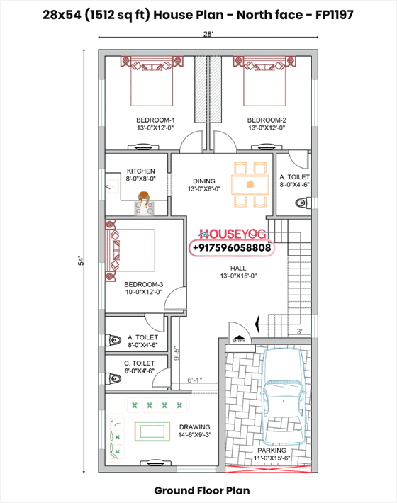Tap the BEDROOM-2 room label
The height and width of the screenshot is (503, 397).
267,120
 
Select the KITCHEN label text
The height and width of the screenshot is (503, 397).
140,171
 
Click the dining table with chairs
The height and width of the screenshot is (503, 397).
250,183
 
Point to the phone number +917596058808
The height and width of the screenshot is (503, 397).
230,248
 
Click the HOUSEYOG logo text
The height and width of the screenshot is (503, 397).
230,233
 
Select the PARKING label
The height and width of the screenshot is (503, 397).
272,451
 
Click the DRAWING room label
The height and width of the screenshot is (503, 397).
194,427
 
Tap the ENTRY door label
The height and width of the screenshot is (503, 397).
237,340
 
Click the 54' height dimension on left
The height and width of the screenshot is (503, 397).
82,260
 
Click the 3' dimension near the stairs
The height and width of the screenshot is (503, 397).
300,331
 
